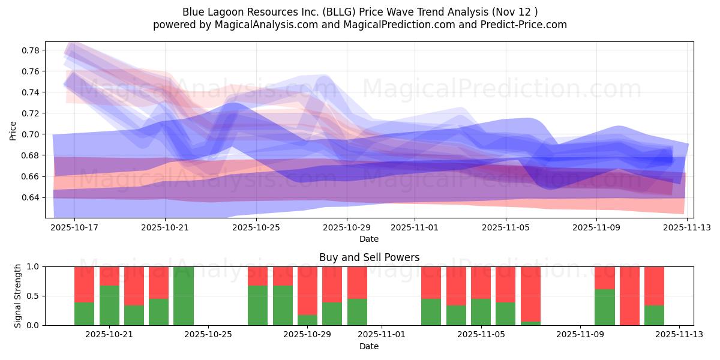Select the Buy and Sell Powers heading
coord(369,257)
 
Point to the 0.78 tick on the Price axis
coord(30,50)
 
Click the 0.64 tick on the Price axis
coord(30,197)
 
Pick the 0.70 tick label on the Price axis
coord(30,134)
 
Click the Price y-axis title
coord(13,130)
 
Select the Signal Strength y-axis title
coord(18,296)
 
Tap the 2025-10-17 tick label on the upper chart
coord(74,227)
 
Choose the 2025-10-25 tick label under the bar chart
coord(208,335)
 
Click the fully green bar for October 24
coord(184,296)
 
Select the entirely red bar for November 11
coord(629,296)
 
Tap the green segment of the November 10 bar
coord(605,307)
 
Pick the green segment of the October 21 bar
coord(109,305)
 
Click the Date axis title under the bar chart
coord(369,346)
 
